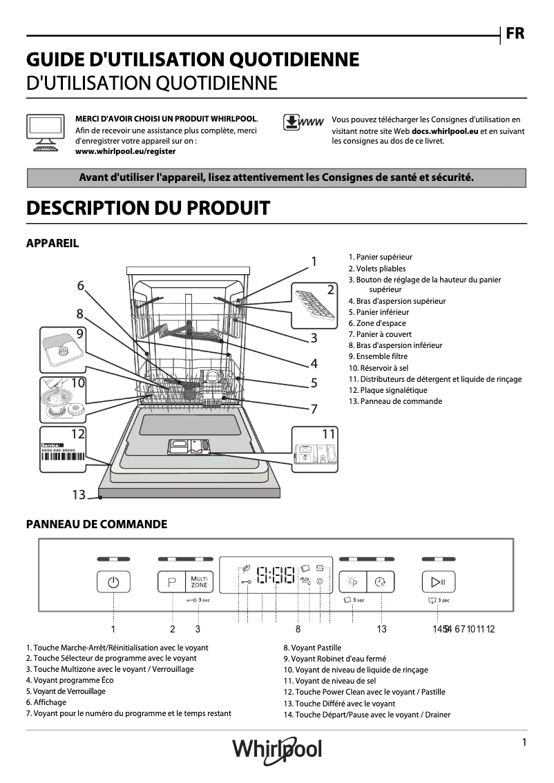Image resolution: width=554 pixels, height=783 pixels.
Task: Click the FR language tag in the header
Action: (515, 34)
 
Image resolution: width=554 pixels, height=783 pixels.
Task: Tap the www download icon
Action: (303, 122)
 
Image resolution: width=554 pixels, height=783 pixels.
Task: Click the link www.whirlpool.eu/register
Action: (125, 151)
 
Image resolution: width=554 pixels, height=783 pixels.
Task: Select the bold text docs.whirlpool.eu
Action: (445, 130)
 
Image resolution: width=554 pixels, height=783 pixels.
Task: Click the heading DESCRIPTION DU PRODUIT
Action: (148, 208)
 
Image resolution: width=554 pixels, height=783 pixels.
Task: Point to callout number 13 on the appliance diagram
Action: (78, 494)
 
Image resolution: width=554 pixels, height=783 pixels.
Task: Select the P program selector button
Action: (171, 583)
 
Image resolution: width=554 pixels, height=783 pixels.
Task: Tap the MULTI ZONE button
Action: (199, 581)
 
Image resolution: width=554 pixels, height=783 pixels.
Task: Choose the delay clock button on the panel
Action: (379, 582)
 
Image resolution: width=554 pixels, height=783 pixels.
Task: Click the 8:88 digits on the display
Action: (275, 574)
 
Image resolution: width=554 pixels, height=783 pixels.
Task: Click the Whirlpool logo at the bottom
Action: (277, 748)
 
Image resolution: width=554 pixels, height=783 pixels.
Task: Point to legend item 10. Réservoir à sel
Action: (379, 368)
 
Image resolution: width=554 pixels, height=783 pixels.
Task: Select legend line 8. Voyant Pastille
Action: (312, 648)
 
